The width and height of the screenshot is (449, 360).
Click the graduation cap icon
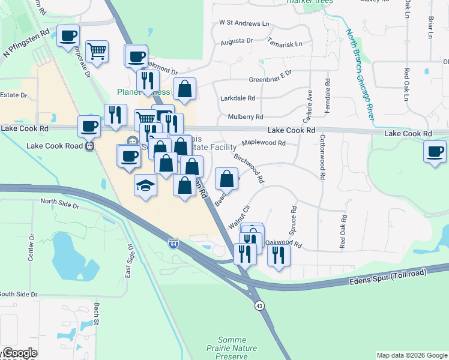coord(145,186)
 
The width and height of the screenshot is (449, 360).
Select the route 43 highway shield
coord(259,305)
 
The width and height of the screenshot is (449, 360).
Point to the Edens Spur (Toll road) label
coord(392,277)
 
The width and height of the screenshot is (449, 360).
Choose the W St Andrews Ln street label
coord(244,23)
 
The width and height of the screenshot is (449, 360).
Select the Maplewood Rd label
coord(264,143)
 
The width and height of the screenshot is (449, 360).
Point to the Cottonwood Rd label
coord(322,156)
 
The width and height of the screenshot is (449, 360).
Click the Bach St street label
coord(96,314)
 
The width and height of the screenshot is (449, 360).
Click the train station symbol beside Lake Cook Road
coord(89,145)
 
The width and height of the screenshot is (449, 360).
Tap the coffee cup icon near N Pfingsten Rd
coord(68,36)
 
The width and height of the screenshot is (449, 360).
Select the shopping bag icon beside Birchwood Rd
coord(226,178)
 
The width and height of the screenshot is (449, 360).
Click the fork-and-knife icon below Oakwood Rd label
coord(279,257)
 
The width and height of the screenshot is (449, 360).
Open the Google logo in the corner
coord(19,353)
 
